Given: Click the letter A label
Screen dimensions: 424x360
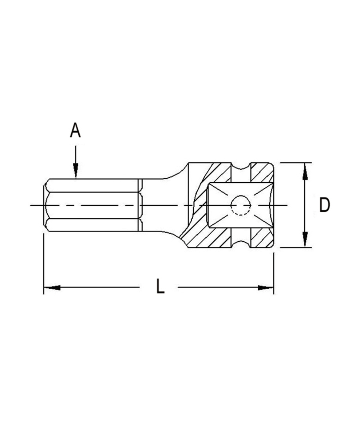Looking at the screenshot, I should [x=75, y=130].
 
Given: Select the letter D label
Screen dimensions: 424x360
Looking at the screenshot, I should [x=324, y=205].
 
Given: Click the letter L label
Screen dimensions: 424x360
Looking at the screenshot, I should [x=160, y=286].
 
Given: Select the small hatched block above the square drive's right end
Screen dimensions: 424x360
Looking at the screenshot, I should [x=261, y=173].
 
